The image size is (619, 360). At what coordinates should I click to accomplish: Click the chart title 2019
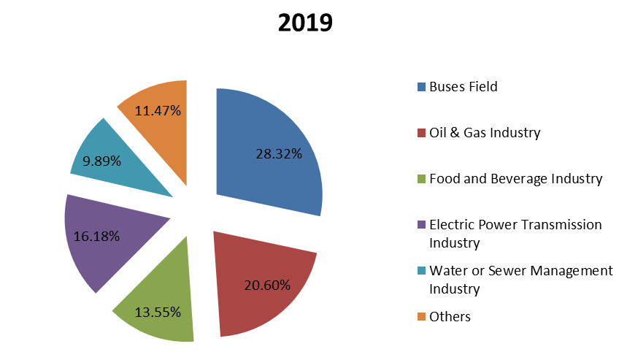(305, 23)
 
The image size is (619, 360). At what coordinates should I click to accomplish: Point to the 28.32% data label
(279, 154)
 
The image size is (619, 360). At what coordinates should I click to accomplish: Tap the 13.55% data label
(158, 312)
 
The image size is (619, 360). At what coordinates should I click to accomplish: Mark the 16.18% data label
(97, 237)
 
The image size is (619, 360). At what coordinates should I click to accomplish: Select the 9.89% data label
(102, 161)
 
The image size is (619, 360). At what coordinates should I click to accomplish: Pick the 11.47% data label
(158, 111)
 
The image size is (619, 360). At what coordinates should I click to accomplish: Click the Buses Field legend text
(464, 87)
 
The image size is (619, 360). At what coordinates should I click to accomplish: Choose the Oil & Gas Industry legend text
(485, 133)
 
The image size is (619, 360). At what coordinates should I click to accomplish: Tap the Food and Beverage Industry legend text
(516, 179)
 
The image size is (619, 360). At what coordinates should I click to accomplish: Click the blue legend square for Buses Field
(421, 88)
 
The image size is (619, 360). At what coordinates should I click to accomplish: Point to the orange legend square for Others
(421, 317)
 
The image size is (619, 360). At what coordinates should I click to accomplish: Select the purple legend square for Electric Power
(421, 226)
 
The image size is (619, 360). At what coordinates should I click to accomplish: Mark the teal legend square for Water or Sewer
(421, 272)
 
